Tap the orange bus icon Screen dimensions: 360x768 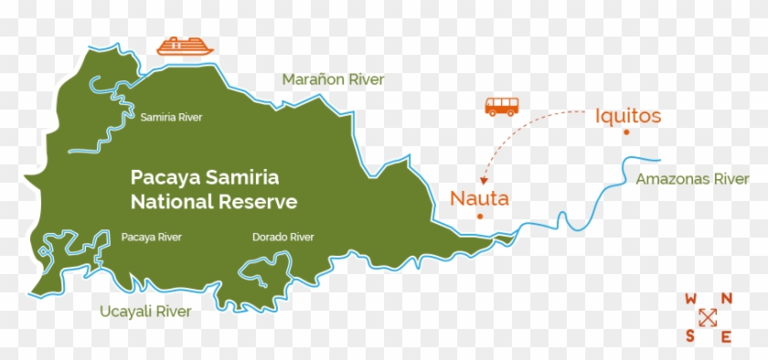(501, 106)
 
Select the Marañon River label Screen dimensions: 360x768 (333, 79)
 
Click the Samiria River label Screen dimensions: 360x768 (171, 117)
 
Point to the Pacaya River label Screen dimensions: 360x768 (151, 238)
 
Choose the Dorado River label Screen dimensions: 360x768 (283, 238)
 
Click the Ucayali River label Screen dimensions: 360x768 (146, 312)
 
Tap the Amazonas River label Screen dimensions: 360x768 (692, 179)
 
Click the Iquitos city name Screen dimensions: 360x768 (627, 116)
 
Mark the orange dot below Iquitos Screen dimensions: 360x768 (626, 133)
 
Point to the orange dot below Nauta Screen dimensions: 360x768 (479, 217)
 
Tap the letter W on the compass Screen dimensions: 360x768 (691, 299)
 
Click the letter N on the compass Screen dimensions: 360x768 (726, 299)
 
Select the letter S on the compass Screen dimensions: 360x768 (690, 336)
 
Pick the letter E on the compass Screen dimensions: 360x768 (726, 336)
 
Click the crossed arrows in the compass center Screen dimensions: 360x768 (708, 318)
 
